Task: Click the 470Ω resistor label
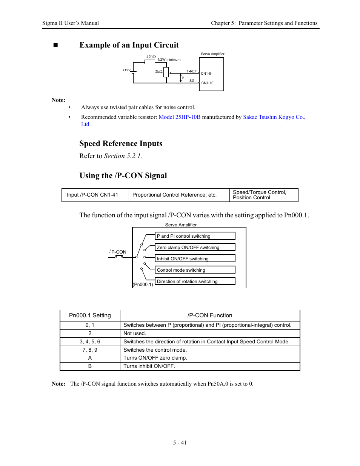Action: (151, 57)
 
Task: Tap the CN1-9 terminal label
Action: (206, 74)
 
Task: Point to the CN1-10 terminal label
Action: (207, 83)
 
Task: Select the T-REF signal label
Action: (192, 71)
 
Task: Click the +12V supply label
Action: (126, 70)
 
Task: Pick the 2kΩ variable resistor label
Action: (159, 71)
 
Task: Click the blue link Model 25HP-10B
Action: (180, 117)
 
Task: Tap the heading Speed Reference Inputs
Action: (121, 143)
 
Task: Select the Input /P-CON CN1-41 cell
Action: (92, 195)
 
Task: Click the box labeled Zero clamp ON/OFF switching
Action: (195, 248)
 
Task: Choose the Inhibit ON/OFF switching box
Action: (195, 259)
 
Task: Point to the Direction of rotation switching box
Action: (195, 281)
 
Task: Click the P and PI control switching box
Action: (195, 236)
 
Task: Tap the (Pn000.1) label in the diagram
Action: (143, 285)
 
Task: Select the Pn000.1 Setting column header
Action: (90, 315)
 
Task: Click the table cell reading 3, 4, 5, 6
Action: (90, 341)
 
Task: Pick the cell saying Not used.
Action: (135, 333)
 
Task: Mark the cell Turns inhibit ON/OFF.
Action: (149, 366)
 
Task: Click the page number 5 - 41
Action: (180, 443)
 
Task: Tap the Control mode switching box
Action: (195, 270)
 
